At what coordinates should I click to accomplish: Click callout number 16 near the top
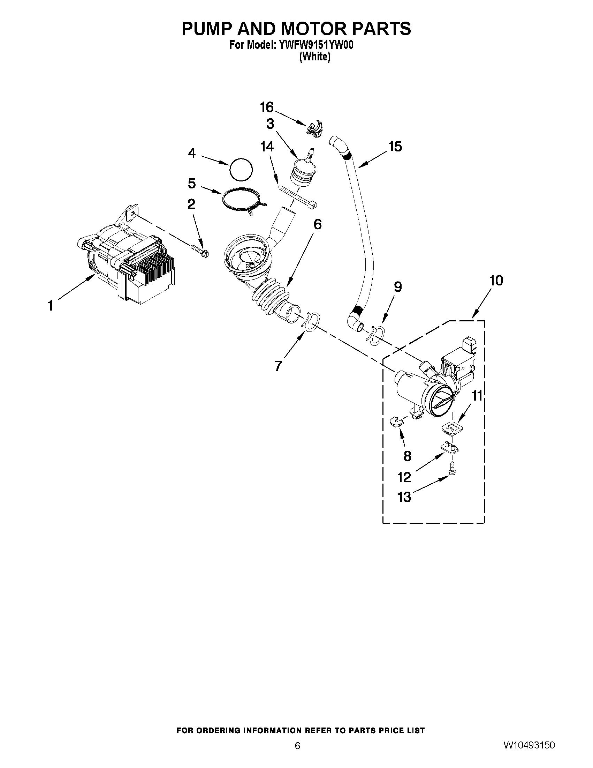pyautogui.click(x=267, y=107)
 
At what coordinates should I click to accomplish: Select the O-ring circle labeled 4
pyautogui.click(x=241, y=170)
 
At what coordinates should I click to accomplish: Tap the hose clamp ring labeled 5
pyautogui.click(x=242, y=200)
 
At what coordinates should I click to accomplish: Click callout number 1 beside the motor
pyautogui.click(x=51, y=306)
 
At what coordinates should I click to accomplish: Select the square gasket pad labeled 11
pyautogui.click(x=451, y=428)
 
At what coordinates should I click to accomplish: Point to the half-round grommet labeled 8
pyautogui.click(x=397, y=421)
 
